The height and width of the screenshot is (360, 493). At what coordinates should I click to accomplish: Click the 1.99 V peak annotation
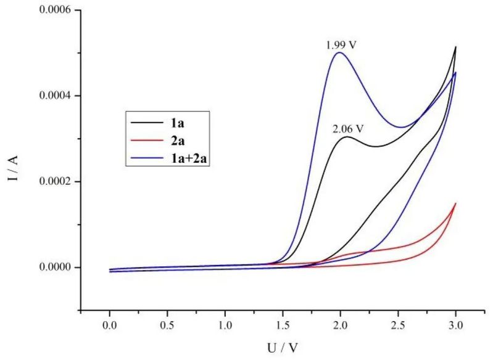pyautogui.click(x=341, y=45)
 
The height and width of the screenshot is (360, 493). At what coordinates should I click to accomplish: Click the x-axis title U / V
pyautogui.click(x=281, y=348)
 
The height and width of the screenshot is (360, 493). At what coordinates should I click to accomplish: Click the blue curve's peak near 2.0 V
pyautogui.click(x=339, y=52)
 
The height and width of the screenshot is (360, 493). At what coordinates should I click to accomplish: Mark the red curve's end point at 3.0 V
pyautogui.click(x=455, y=203)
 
